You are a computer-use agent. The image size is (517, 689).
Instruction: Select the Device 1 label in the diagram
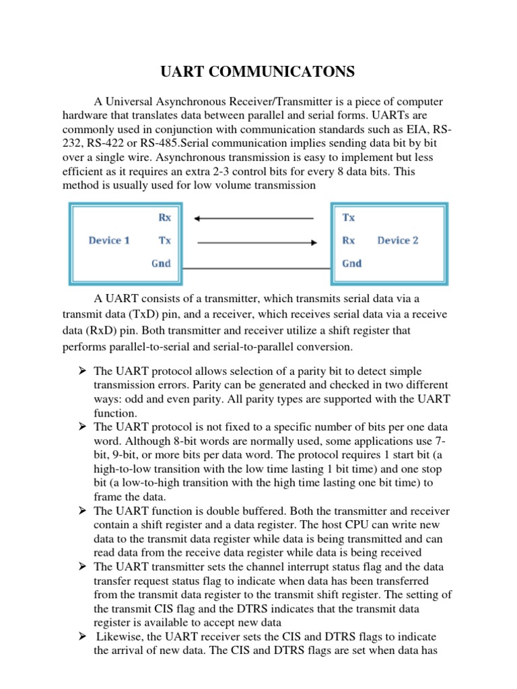click(x=109, y=240)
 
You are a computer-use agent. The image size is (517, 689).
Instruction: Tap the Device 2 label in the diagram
click(x=398, y=240)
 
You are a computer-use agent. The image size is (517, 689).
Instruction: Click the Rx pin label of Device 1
click(x=164, y=217)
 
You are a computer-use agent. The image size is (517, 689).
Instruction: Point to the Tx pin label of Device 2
click(x=349, y=217)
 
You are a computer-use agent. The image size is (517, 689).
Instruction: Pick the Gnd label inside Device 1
click(x=161, y=263)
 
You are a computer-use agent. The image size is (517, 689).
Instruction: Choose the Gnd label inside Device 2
click(x=352, y=263)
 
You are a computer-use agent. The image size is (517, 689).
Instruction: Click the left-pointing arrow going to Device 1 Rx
click(x=253, y=218)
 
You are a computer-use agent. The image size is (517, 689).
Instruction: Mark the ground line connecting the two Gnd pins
click(x=254, y=268)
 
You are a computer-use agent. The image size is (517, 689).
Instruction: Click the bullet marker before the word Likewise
click(x=79, y=637)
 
